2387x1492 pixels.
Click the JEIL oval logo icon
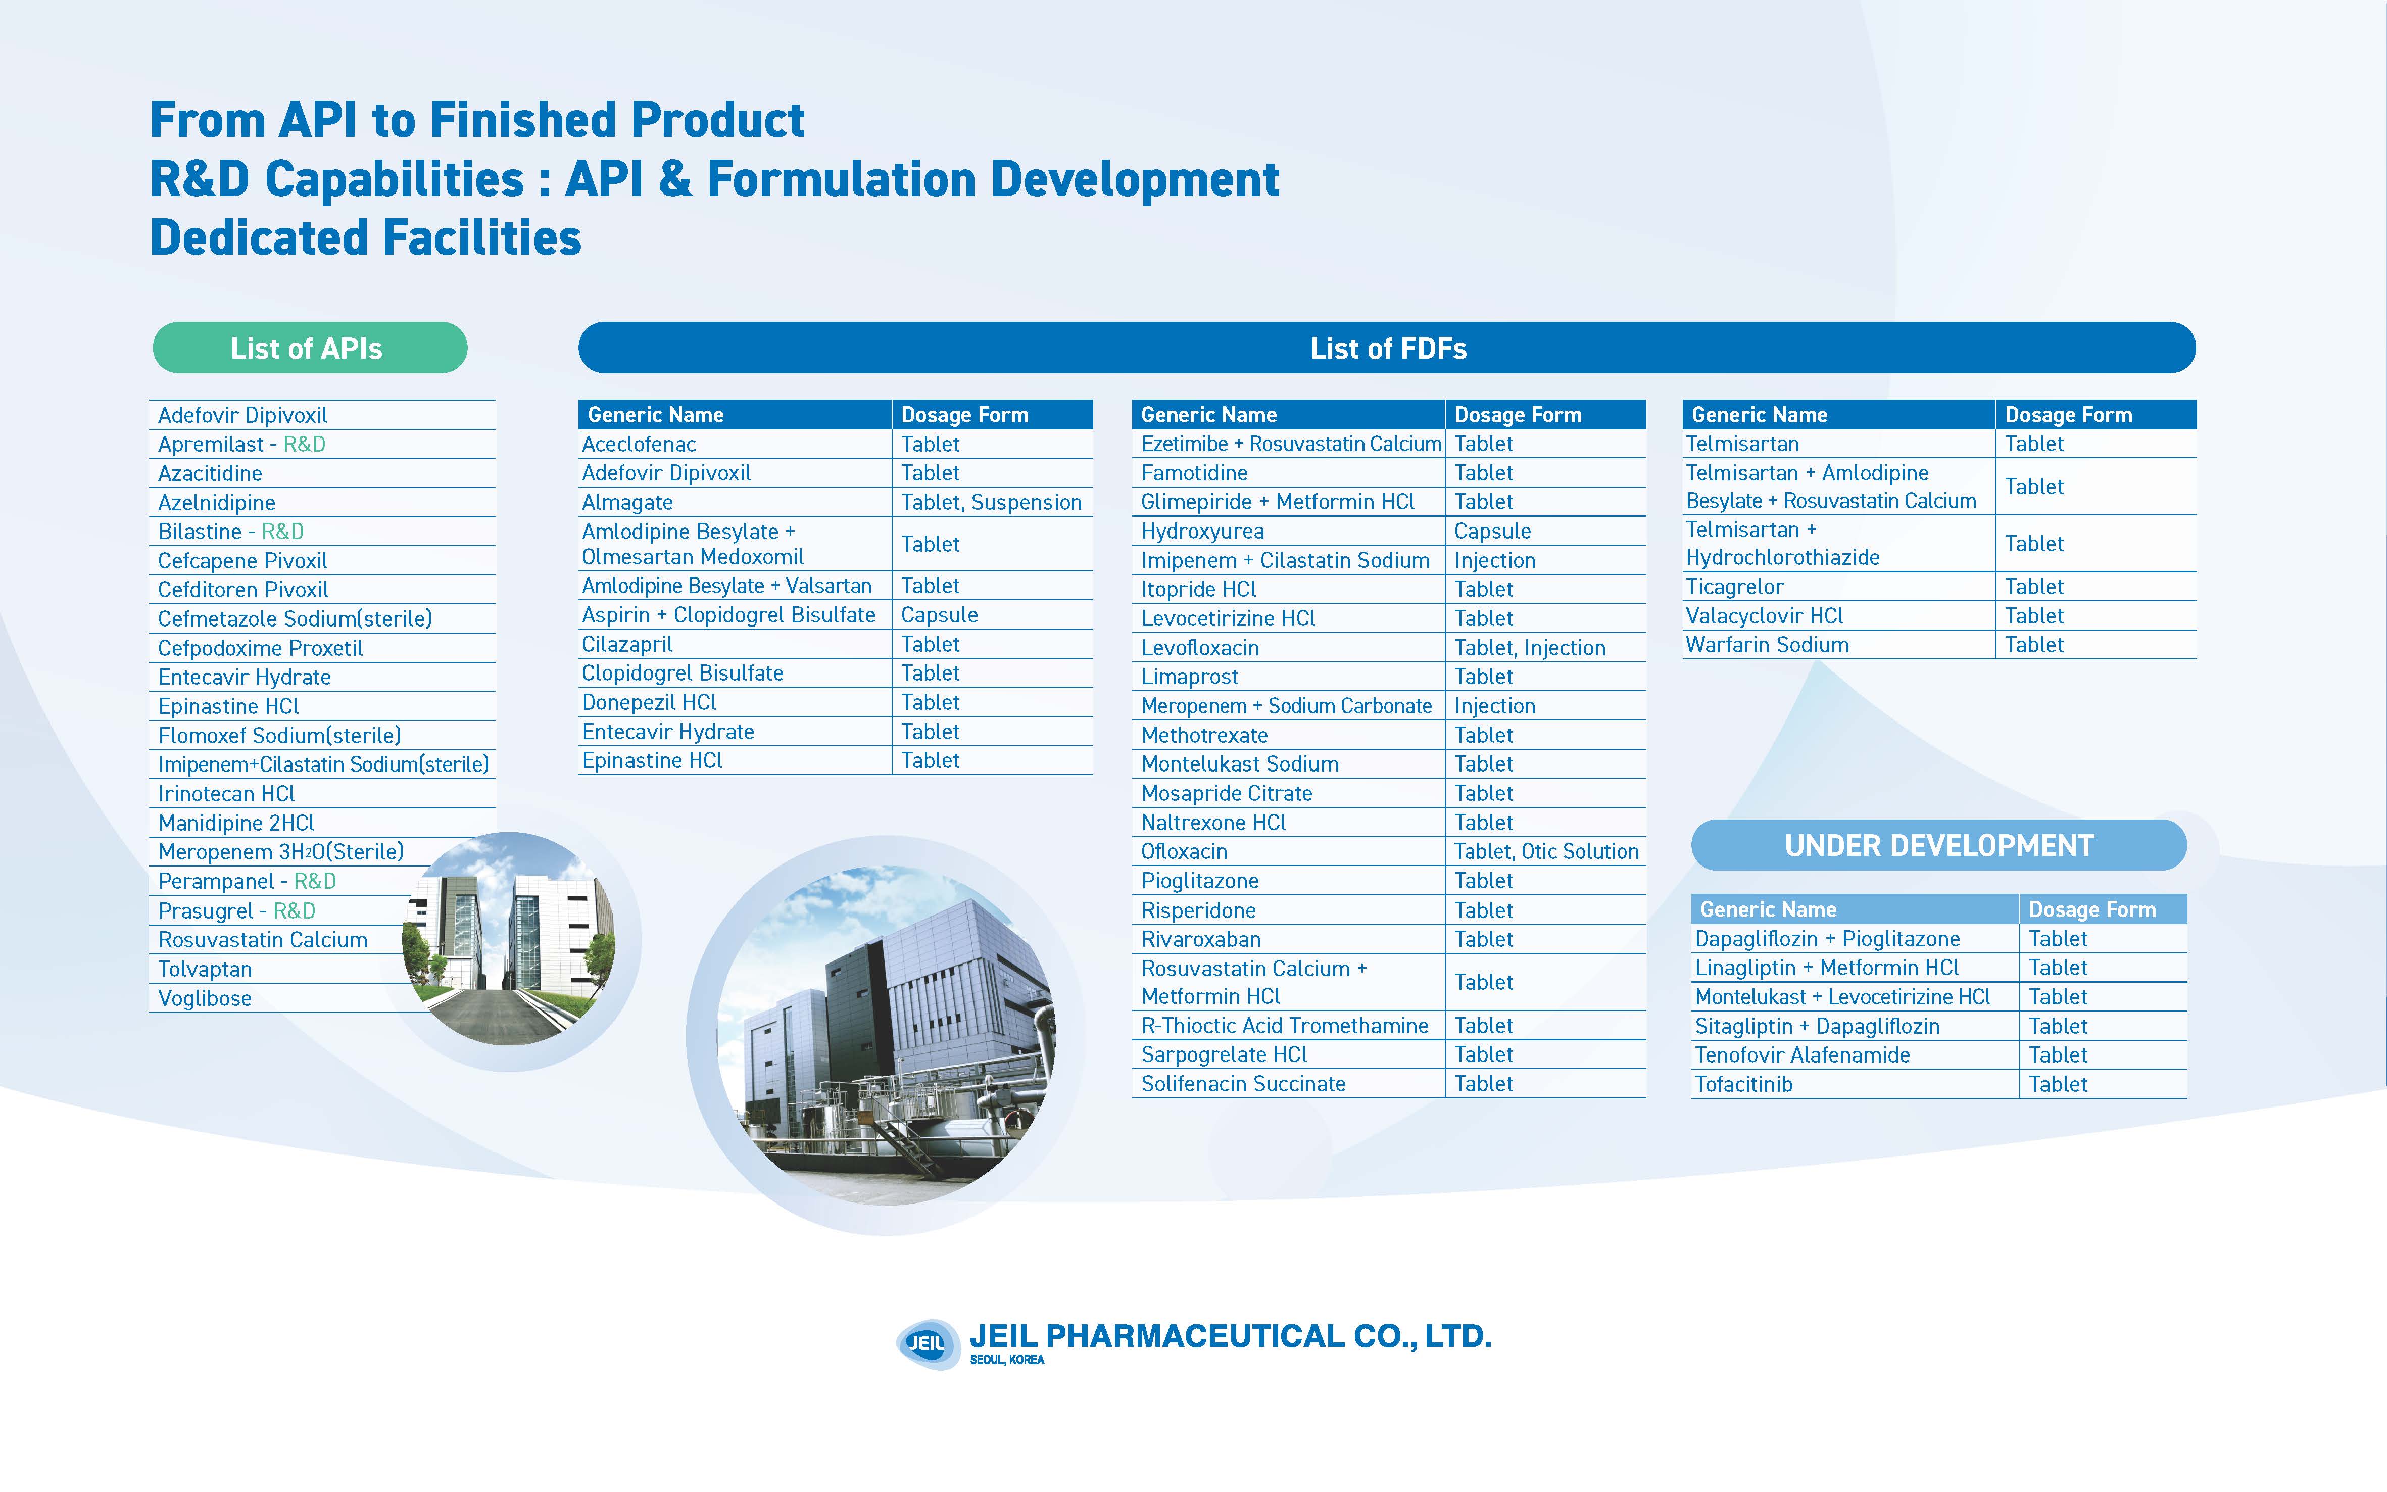(x=927, y=1343)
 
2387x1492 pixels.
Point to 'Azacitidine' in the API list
(x=210, y=473)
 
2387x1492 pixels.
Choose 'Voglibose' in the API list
(x=205, y=998)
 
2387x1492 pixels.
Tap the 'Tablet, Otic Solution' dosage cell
(x=1546, y=851)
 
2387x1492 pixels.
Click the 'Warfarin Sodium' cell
(x=1768, y=645)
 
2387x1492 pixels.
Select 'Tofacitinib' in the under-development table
(x=1744, y=1084)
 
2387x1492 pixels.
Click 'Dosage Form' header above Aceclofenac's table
(x=965, y=414)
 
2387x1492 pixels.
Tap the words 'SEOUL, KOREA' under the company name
(x=1007, y=1360)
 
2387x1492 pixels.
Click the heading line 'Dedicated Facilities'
(x=366, y=238)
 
